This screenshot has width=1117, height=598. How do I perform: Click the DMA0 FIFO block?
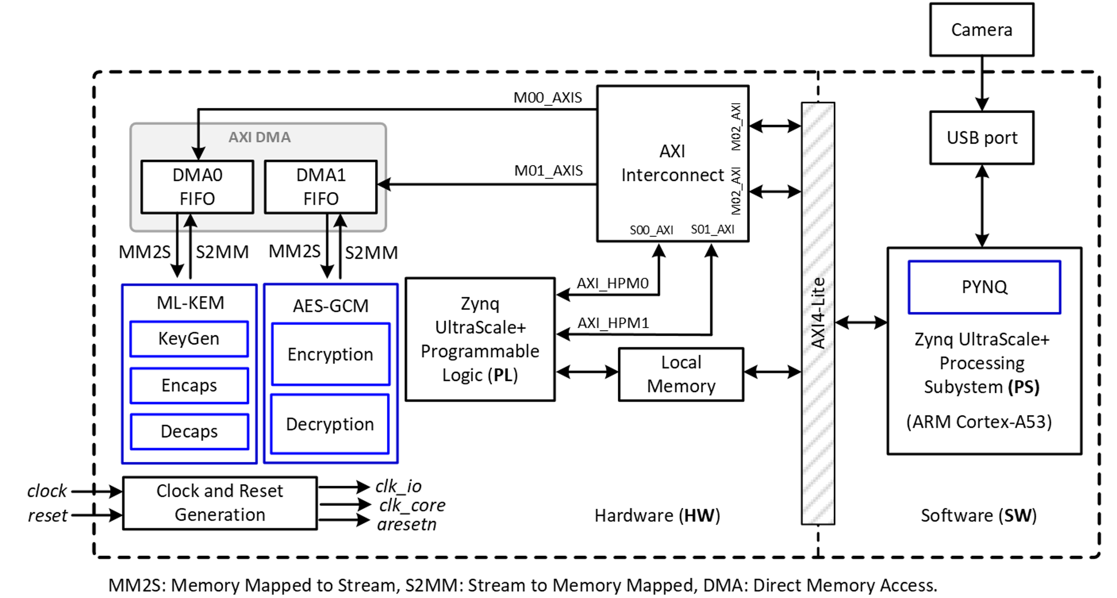coord(197,187)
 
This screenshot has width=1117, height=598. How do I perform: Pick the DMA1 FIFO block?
coord(321,187)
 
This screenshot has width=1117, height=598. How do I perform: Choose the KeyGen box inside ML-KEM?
coord(189,338)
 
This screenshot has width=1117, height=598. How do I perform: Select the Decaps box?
coord(189,431)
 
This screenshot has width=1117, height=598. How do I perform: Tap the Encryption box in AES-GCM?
coord(330,354)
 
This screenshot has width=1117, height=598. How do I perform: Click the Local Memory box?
coord(681,374)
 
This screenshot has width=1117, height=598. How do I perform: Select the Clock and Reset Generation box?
coord(220,503)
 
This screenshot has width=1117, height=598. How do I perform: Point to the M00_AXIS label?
coord(548,98)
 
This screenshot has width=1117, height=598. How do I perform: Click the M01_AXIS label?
coord(548,170)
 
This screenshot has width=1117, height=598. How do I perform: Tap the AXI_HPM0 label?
coord(612,283)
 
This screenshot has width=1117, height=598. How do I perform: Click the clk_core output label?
coord(412,505)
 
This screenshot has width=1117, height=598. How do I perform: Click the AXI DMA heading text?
coord(259,137)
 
